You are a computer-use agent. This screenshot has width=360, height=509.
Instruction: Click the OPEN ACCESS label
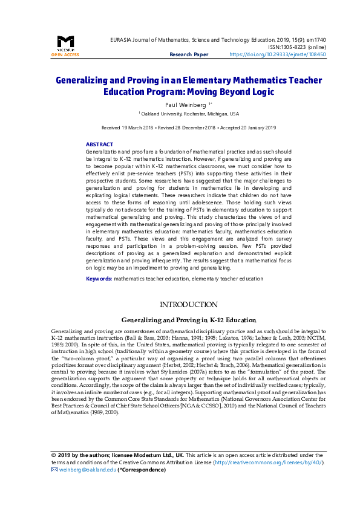click(65, 54)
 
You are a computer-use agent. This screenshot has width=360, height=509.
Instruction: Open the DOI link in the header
click(278, 54)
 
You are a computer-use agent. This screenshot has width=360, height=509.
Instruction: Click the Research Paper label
click(189, 54)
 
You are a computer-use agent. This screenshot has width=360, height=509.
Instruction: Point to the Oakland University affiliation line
click(189, 114)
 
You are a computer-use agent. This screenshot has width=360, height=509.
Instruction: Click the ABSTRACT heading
click(99, 144)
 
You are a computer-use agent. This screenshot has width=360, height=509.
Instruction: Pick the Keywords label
click(99, 279)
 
